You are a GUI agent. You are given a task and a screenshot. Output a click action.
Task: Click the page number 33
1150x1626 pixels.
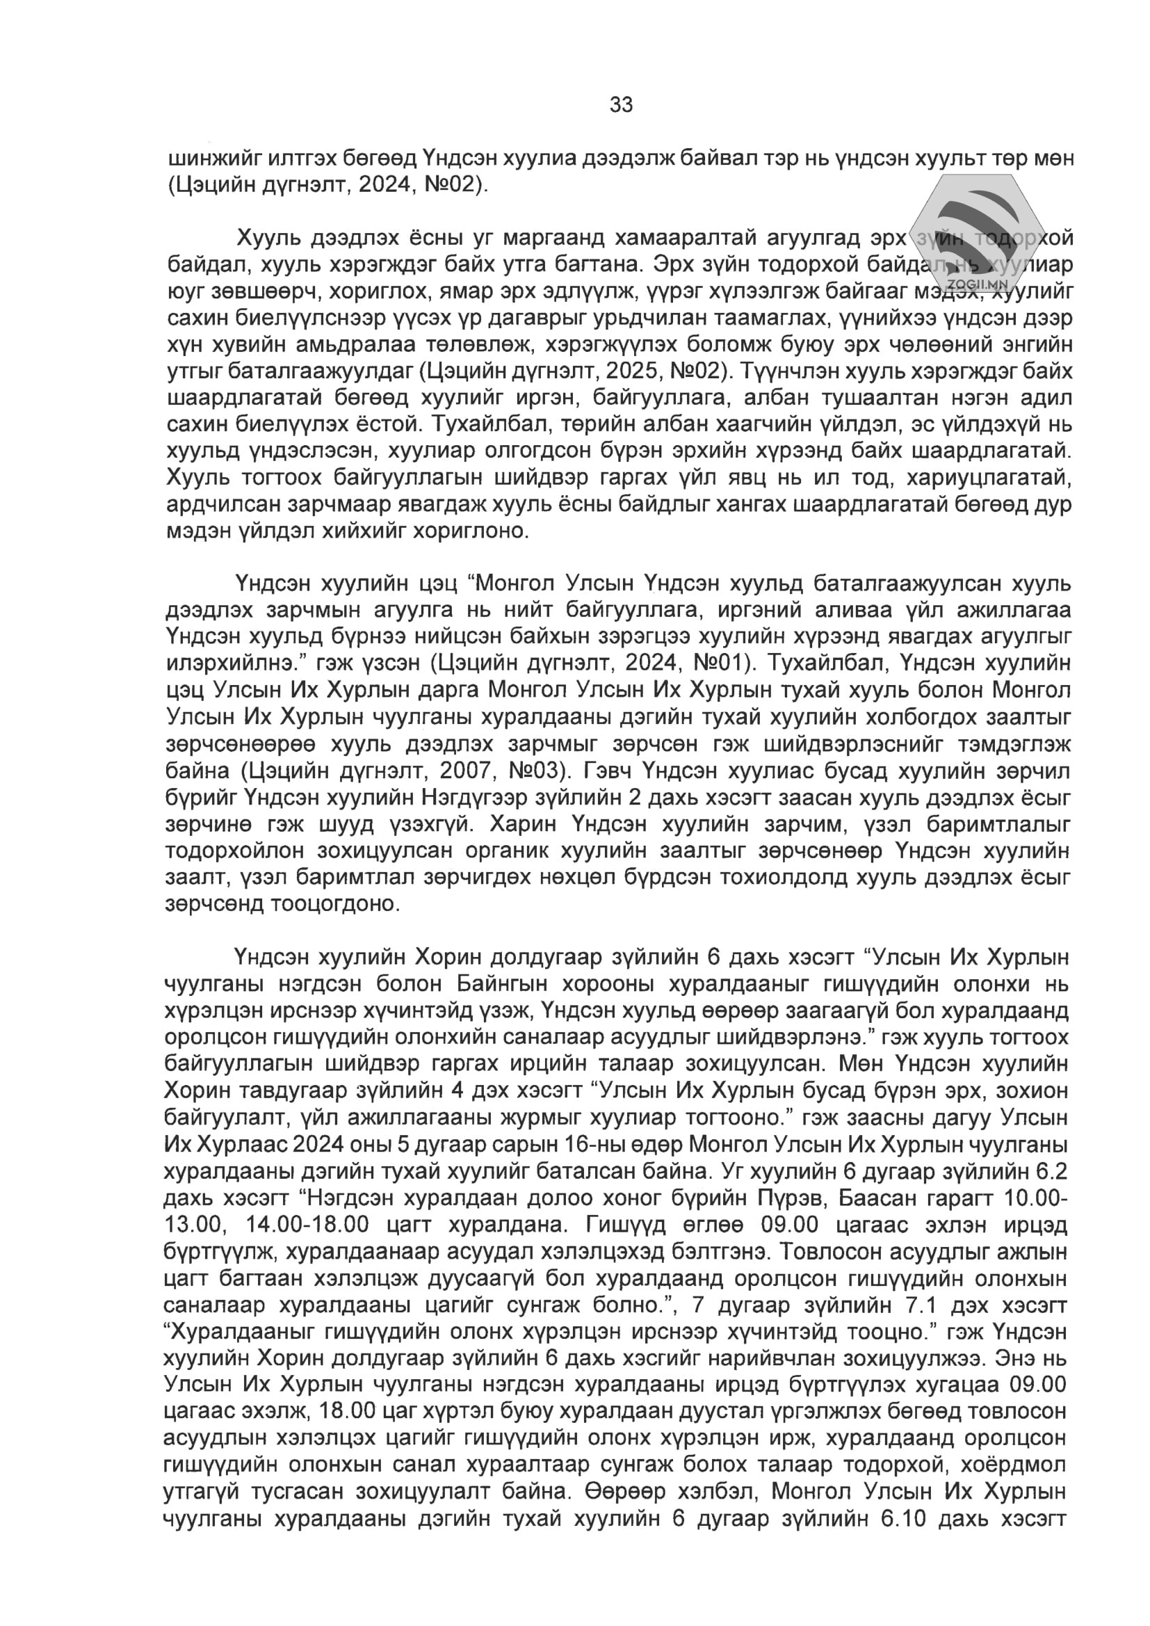coord(621,105)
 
